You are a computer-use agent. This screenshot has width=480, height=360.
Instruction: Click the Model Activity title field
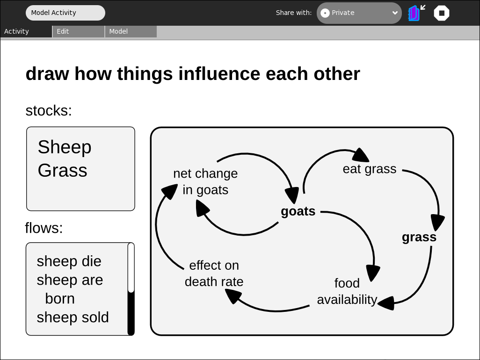tap(65, 13)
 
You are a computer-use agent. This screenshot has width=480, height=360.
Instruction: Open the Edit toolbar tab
tap(79, 31)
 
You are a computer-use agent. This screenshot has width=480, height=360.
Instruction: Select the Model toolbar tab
tap(131, 31)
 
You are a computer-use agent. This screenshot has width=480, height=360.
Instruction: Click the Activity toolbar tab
tap(26, 31)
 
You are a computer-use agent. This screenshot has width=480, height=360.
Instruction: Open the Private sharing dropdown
tap(359, 13)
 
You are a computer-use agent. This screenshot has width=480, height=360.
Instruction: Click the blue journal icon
tap(414, 13)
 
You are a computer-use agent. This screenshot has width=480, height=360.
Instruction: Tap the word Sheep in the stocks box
tap(65, 147)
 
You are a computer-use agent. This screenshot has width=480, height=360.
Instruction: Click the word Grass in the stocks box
tap(62, 170)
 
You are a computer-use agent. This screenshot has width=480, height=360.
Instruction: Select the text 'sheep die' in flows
tap(69, 261)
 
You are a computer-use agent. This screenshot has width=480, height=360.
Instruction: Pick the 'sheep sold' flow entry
tap(73, 317)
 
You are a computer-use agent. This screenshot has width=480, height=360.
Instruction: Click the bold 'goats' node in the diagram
tap(298, 211)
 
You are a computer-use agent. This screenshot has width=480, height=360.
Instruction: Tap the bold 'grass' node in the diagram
tap(419, 237)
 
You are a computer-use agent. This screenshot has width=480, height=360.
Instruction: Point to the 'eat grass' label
tap(370, 169)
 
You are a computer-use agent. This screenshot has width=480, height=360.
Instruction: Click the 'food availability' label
tap(347, 291)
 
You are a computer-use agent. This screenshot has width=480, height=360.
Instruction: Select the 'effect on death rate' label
tap(214, 274)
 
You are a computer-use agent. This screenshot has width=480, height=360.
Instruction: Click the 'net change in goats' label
tap(205, 182)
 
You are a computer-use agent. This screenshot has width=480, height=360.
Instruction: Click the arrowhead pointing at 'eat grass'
tap(361, 155)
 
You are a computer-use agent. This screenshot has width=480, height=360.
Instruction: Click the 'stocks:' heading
tap(49, 111)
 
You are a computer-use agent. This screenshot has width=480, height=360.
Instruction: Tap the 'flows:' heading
tap(44, 228)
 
